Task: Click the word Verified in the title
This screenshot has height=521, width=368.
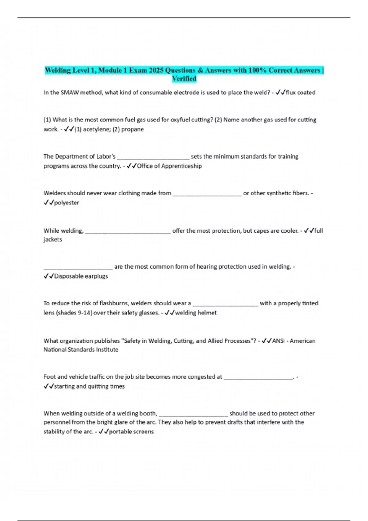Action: (x=184, y=79)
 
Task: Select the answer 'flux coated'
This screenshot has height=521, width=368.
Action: (x=301, y=93)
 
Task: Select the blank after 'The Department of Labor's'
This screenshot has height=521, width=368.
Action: (x=153, y=158)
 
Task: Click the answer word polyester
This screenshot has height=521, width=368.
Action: (x=67, y=203)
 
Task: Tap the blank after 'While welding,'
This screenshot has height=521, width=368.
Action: (x=128, y=232)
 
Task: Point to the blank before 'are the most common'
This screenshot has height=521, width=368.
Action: (x=78, y=268)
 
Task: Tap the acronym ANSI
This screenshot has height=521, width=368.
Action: (x=278, y=341)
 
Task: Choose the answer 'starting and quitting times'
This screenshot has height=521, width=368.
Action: (x=89, y=386)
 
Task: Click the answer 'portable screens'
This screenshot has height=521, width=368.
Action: (x=131, y=432)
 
